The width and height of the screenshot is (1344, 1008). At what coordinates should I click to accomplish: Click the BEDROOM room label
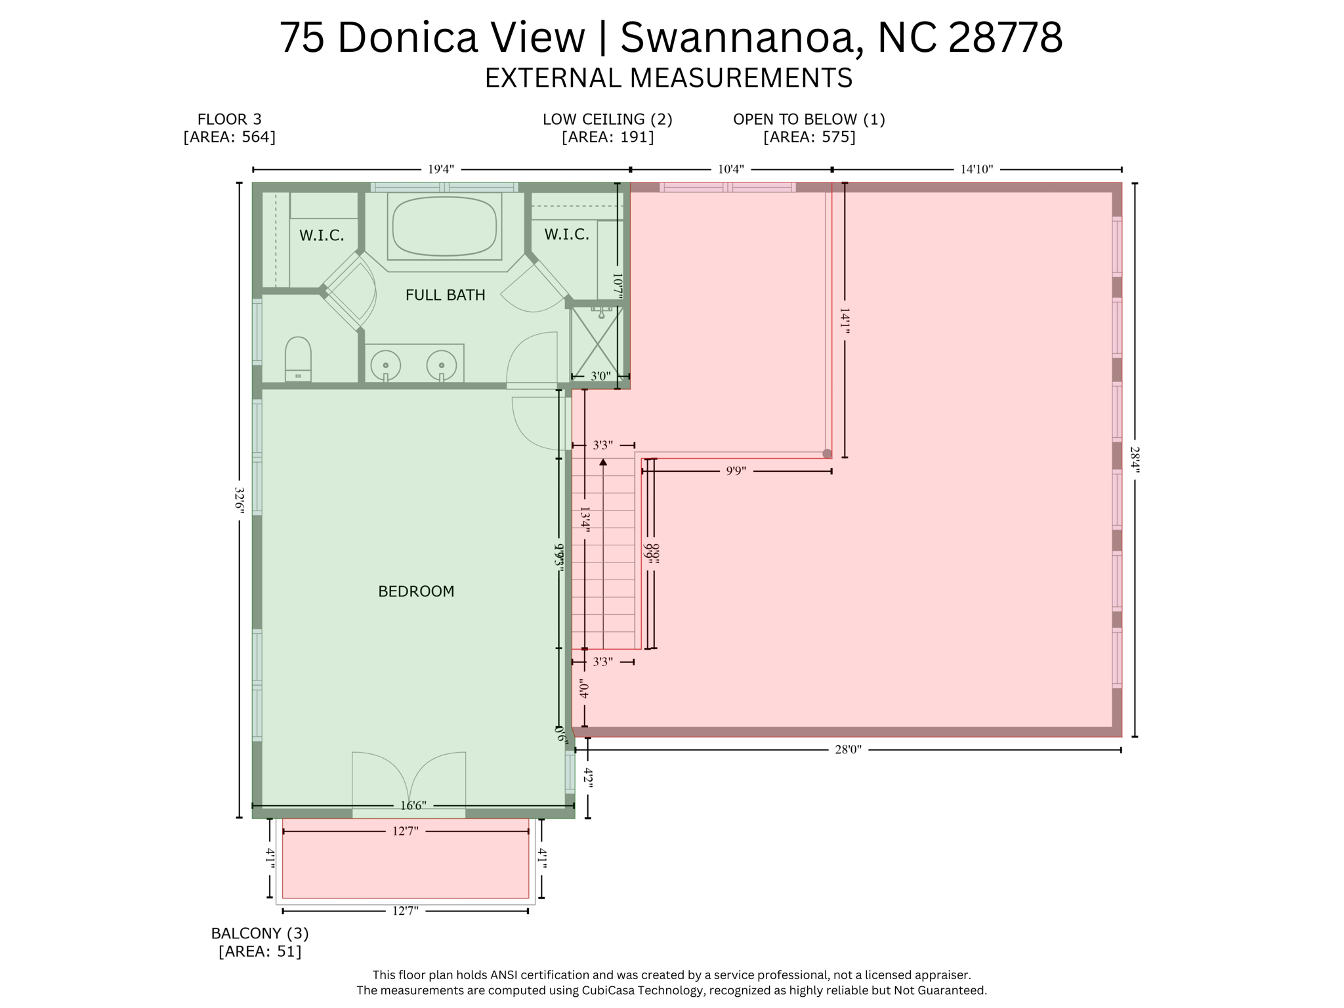(x=416, y=591)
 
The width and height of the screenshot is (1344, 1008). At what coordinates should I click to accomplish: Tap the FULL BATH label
(x=445, y=295)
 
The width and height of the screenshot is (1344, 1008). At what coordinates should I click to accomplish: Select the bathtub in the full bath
(x=444, y=226)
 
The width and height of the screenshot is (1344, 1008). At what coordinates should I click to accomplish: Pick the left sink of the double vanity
(x=385, y=366)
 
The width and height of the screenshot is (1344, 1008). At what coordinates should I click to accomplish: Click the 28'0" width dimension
(x=847, y=749)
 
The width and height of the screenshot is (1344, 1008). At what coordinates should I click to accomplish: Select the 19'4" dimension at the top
(x=441, y=169)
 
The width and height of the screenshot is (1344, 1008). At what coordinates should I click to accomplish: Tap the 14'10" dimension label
(x=976, y=169)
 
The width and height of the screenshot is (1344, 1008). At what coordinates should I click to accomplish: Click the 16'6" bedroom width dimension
(x=413, y=805)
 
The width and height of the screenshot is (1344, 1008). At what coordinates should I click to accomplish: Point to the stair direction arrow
(x=603, y=462)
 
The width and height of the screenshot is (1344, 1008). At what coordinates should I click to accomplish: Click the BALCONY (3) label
(x=259, y=933)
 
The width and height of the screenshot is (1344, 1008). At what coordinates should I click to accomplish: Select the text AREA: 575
(x=809, y=137)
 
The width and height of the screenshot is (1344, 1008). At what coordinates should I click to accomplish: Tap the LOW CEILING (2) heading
(x=607, y=119)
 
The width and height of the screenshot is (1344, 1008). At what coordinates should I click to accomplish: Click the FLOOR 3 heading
(x=229, y=119)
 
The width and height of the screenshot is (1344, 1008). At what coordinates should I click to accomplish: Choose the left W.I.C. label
(x=322, y=236)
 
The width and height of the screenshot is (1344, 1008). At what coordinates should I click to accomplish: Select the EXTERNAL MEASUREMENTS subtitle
(x=668, y=78)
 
